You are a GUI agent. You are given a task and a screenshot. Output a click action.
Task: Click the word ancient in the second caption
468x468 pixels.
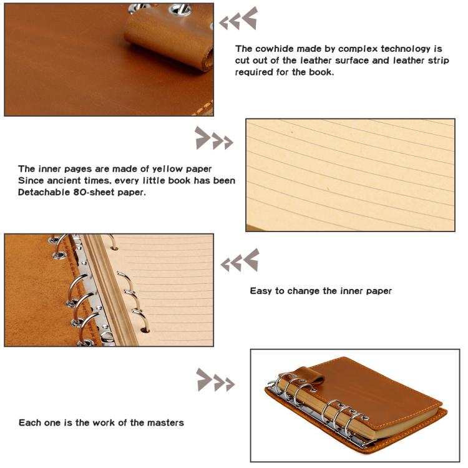[x=64, y=180]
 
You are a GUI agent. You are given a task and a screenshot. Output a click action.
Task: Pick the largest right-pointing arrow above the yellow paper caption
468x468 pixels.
[x=202, y=138]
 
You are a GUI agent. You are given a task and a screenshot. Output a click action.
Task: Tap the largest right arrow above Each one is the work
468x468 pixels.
[x=204, y=379]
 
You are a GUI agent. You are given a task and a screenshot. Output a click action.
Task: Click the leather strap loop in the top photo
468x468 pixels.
[x=168, y=39]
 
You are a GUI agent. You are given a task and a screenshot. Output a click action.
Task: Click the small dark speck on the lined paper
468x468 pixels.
[x=292, y=132]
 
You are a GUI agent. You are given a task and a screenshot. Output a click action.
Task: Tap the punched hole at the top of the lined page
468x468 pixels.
[x=114, y=248]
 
